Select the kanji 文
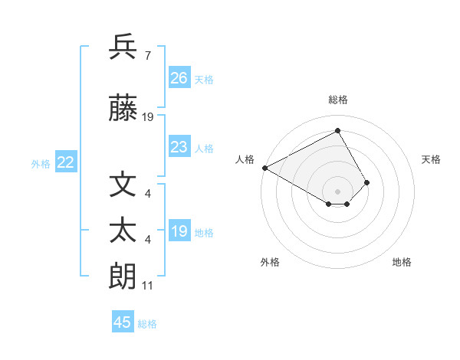click(123, 185)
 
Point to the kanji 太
click(123, 231)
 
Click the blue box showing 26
click(179, 78)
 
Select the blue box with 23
click(179, 147)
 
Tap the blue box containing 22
click(66, 162)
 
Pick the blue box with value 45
click(123, 322)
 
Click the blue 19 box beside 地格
click(179, 231)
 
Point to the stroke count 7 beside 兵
click(147, 57)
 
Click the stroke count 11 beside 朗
click(147, 286)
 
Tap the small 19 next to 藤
click(148, 117)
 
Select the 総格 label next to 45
click(148, 324)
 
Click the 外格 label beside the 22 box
click(41, 164)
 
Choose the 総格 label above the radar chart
click(338, 100)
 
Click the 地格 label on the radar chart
click(402, 262)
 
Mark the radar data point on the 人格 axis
click(264, 167)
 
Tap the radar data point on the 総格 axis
click(338, 131)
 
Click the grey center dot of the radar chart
click(338, 190)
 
